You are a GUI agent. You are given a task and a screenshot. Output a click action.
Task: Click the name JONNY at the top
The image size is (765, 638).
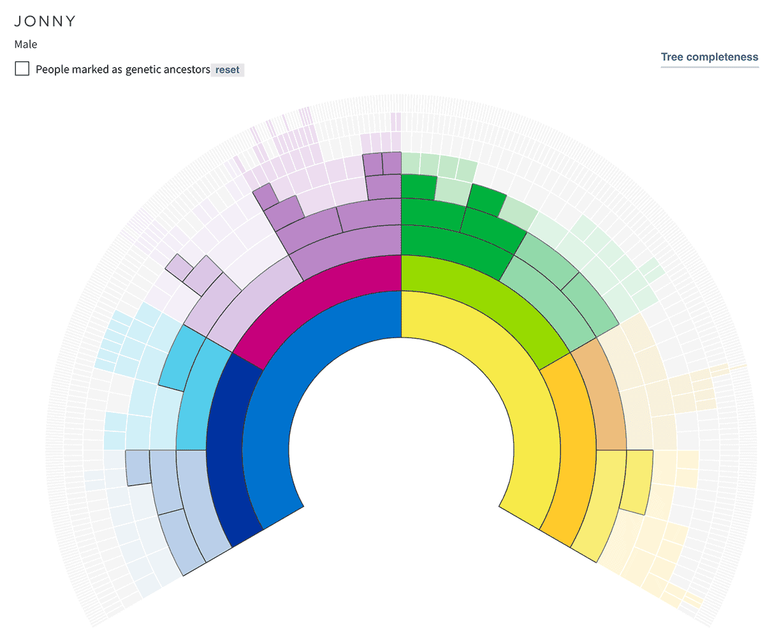click(45, 21)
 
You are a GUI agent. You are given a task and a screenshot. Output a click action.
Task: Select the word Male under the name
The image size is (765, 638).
click(25, 45)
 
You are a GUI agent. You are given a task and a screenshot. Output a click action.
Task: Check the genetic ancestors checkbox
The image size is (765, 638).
click(22, 69)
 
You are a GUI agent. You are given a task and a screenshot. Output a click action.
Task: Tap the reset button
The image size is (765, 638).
click(228, 70)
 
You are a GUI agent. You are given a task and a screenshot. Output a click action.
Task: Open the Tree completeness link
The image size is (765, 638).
click(710, 57)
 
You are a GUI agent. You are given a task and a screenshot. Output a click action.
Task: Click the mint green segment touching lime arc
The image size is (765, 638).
click(548, 300)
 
